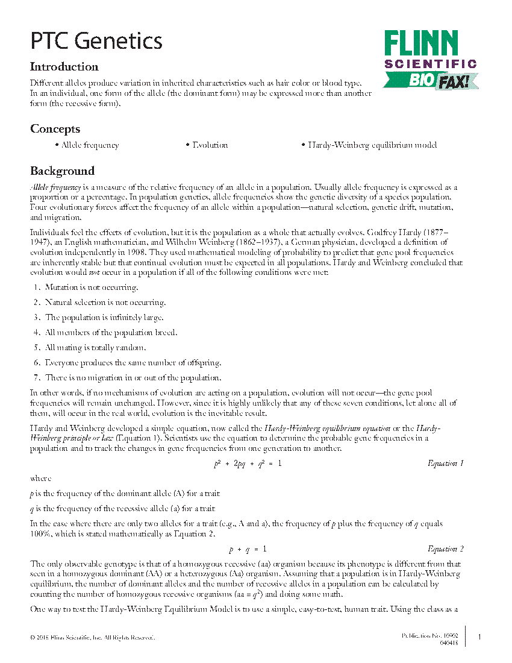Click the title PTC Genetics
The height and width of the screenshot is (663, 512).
[x=96, y=41]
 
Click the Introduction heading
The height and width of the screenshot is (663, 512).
[x=64, y=67]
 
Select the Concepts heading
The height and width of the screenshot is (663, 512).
[x=55, y=129]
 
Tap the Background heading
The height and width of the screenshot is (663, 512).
[x=62, y=171]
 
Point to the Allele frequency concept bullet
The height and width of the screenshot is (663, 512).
[x=87, y=145]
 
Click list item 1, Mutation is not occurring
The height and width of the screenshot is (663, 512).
[x=91, y=288]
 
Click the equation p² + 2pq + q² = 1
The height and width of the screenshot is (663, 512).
[x=247, y=463]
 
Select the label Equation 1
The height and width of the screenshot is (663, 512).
[x=445, y=463]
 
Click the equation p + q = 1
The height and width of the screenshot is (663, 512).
[x=247, y=549]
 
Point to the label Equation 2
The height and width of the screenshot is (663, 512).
[x=445, y=549]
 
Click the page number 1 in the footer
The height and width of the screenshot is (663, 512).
[x=479, y=637]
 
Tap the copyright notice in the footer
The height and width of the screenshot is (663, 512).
[x=92, y=637]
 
